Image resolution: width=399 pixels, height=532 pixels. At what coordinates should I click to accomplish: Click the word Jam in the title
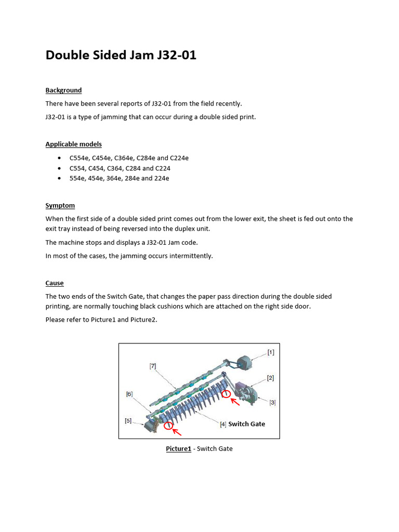(136, 55)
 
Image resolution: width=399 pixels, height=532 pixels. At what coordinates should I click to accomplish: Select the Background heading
(63, 90)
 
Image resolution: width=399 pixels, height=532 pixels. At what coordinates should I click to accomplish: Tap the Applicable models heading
(73, 144)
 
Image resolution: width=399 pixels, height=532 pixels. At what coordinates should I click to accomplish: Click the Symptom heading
(60, 206)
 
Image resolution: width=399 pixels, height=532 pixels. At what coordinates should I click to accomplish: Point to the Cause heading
(55, 283)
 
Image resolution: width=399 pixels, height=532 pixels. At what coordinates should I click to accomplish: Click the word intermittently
(191, 256)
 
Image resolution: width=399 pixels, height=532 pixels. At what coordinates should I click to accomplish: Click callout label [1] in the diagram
(271, 352)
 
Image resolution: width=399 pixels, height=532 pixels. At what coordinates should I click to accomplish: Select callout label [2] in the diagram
(271, 378)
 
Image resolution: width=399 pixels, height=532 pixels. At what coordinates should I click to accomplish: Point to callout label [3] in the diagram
(272, 402)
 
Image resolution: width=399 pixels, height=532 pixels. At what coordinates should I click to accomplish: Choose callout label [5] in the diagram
(128, 421)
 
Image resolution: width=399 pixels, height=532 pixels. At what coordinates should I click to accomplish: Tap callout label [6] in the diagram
(129, 394)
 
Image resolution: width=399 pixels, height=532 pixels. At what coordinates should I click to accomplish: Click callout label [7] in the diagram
(153, 366)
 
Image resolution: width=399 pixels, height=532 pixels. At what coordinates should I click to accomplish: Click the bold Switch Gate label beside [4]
(247, 424)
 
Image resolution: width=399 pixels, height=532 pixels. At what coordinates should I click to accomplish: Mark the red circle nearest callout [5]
(168, 426)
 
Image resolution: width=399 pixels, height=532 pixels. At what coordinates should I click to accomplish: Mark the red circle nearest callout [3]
(226, 394)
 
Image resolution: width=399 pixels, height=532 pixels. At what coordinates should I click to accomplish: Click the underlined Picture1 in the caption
(178, 449)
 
